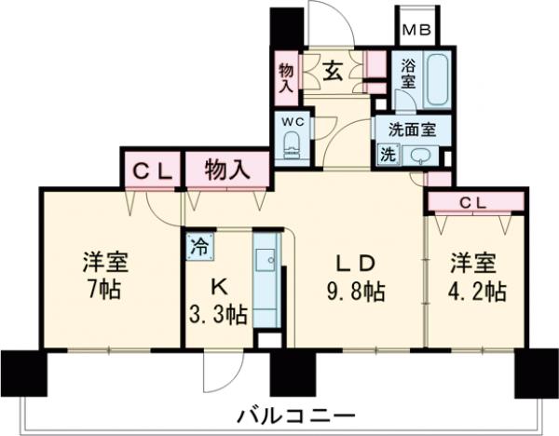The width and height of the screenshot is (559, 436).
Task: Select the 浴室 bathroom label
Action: point(407,75)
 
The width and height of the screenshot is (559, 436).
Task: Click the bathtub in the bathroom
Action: point(437,79)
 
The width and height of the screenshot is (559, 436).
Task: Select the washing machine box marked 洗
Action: point(387,155)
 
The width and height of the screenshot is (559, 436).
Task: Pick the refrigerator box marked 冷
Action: point(198,247)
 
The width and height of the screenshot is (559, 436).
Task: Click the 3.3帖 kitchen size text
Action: point(220,315)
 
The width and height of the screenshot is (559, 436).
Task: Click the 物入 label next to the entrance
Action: point(285,77)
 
